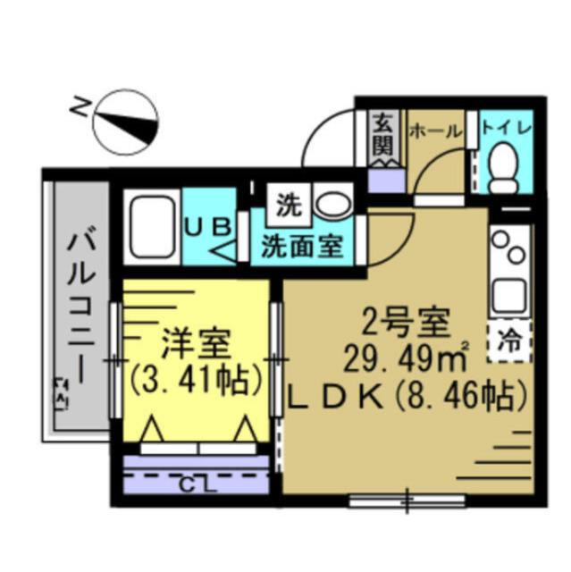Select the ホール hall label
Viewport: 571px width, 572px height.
435,130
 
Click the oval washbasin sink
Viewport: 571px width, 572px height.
335,205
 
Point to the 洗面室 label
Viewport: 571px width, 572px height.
302,246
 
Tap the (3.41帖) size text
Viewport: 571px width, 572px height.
197,379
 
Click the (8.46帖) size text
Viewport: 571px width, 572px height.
469,392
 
